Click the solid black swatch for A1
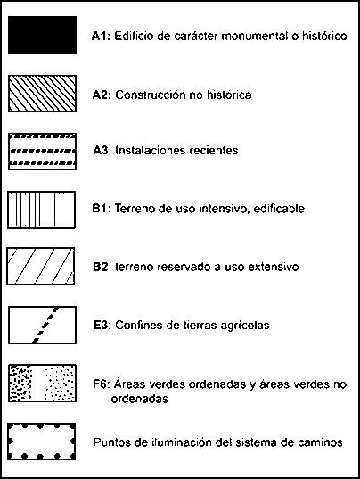click(42, 35)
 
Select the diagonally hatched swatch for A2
click(42, 94)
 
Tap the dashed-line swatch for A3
click(42, 152)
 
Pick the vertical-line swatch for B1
click(41, 210)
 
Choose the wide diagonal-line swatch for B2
click(41, 266)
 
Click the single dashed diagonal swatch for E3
click(42, 325)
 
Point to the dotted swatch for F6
click(42, 383)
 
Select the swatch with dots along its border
click(41, 442)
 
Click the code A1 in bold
click(99, 36)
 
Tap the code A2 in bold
click(100, 95)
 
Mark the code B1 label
click(99, 209)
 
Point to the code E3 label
click(100, 325)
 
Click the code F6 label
click(100, 384)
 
